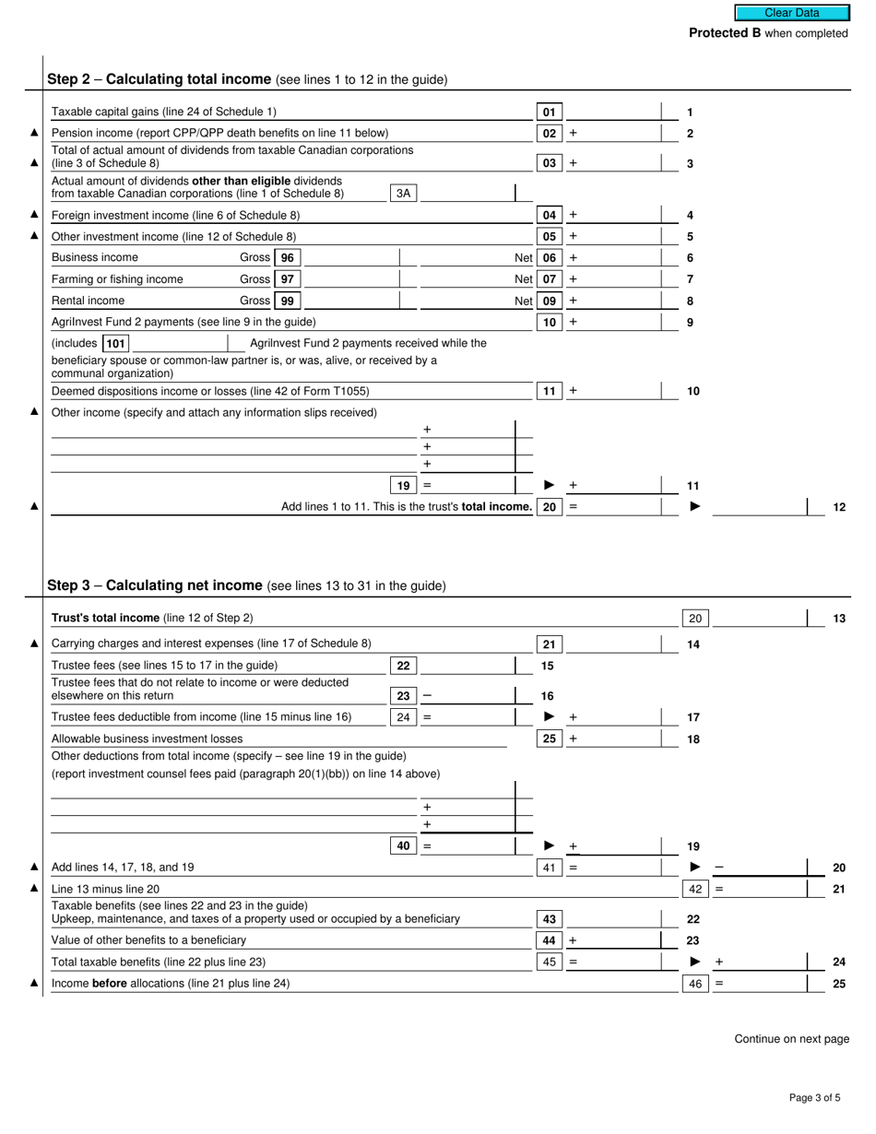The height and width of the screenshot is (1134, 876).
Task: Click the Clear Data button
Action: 791,13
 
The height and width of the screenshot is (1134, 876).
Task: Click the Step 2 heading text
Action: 246,79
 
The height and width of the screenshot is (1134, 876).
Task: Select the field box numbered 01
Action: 549,112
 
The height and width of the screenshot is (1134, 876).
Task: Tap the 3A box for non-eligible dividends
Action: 403,194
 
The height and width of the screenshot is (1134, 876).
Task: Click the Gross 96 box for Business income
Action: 288,258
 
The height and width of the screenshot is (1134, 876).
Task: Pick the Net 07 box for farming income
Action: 549,279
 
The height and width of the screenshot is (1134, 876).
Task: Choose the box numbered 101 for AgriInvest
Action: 115,344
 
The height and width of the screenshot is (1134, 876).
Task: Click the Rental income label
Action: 88,301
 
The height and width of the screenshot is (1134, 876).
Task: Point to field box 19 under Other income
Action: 403,486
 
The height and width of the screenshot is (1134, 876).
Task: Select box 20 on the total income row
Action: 549,507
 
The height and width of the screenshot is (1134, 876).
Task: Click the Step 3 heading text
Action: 245,585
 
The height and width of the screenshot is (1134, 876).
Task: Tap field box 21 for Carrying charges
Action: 549,644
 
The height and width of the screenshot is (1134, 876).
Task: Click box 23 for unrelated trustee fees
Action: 403,697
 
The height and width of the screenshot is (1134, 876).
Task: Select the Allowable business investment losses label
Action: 148,738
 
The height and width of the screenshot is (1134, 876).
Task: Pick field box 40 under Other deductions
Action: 403,846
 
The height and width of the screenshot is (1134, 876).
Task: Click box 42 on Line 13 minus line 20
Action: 695,890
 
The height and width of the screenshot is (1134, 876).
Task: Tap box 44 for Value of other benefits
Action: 549,940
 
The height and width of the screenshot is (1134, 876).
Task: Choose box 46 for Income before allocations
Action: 695,984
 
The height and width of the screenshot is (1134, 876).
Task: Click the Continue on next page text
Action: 791,1039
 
